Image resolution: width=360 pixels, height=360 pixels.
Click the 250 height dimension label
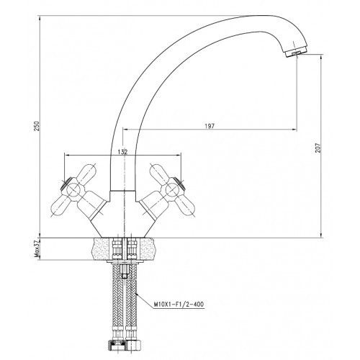click(x=37, y=126)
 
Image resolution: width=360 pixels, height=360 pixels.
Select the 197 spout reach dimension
click(x=210, y=126)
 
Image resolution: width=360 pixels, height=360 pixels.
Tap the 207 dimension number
click(x=318, y=148)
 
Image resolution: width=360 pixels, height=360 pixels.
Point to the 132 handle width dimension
click(x=122, y=152)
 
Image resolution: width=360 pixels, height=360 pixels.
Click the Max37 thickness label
click(x=37, y=248)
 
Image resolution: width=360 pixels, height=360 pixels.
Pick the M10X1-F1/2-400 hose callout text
click(x=179, y=305)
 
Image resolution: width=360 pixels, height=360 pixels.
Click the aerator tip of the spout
click(x=297, y=53)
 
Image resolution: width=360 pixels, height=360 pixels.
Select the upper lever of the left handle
click(x=86, y=174)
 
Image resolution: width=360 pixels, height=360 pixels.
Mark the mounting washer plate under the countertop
click(x=122, y=261)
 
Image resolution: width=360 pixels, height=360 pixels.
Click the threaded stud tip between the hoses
click(x=124, y=271)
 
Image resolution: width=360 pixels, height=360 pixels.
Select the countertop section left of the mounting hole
click(x=102, y=248)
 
